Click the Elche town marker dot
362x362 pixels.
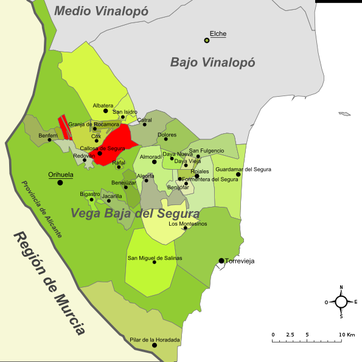[207, 40]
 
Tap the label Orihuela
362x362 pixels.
[61, 175]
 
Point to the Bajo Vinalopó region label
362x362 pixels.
[212, 62]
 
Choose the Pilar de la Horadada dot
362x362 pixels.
[155, 345]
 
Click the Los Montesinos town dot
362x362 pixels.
[185, 228]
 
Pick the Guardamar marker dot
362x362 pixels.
[238, 175]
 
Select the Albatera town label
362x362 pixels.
[103, 105]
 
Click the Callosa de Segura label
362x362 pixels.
[102, 148]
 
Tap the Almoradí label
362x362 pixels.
[151, 157]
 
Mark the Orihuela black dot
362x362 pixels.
[60, 183]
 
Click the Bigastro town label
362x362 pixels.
[90, 193]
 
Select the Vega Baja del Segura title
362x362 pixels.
[134, 214]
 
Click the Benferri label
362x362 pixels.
[48, 135]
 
